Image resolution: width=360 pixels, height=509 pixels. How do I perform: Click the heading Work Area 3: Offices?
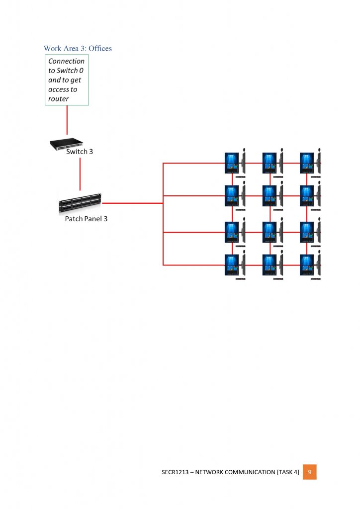pyautogui.click(x=78, y=48)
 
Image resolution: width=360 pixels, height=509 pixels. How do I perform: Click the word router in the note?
pyautogui.click(x=58, y=99)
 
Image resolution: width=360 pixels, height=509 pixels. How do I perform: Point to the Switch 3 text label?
pyautogui.click(x=80, y=152)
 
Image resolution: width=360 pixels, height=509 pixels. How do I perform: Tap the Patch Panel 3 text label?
pyautogui.click(x=86, y=218)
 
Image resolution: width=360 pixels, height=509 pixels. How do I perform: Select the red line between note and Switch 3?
pyautogui.click(x=67, y=122)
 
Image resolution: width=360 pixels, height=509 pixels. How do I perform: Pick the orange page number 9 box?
pyautogui.click(x=309, y=472)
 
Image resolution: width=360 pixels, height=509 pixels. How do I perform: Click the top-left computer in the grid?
pyautogui.click(x=232, y=163)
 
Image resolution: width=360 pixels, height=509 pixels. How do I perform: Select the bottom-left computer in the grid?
pyautogui.click(x=232, y=265)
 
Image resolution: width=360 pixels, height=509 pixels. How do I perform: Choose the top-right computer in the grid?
pyautogui.click(x=307, y=163)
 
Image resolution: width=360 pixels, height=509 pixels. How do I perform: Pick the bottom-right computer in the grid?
pyautogui.click(x=307, y=265)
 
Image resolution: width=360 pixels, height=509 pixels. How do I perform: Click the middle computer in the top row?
pyautogui.click(x=270, y=163)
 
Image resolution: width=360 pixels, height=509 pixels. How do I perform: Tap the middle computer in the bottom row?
pyautogui.click(x=270, y=265)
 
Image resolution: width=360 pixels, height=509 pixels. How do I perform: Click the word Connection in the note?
pyautogui.click(x=66, y=61)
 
